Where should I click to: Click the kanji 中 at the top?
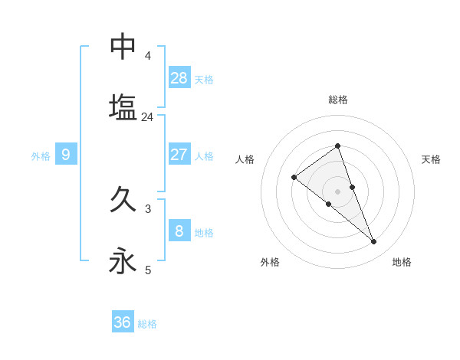pyautogui.click(x=123, y=47)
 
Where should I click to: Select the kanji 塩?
pyautogui.click(x=123, y=107)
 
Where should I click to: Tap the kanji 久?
pyautogui.click(x=123, y=200)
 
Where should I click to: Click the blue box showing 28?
pyautogui.click(x=179, y=77)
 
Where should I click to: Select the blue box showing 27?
pyautogui.click(x=179, y=155)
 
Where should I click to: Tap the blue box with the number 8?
pyautogui.click(x=179, y=231)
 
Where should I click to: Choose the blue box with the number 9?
pyautogui.click(x=66, y=155)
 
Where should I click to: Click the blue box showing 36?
pyautogui.click(x=123, y=322)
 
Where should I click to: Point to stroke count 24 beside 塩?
pyautogui.click(x=147, y=117)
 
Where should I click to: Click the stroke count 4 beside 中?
pyautogui.click(x=147, y=56)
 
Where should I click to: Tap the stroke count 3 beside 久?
pyautogui.click(x=147, y=208)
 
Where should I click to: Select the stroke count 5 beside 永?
pyautogui.click(x=147, y=270)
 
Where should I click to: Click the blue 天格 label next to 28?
pyautogui.click(x=204, y=79)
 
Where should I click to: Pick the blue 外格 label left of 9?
pyautogui.click(x=41, y=156)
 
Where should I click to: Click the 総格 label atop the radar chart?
pyautogui.click(x=337, y=100)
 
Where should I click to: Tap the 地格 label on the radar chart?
pyautogui.click(x=402, y=262)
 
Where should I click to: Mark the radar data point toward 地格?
pyautogui.click(x=374, y=242)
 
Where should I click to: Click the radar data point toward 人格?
pyautogui.click(x=294, y=178)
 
